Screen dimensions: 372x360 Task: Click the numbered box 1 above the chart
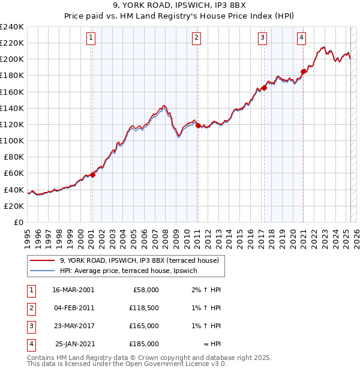click(x=91, y=38)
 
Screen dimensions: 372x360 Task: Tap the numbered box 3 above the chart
click(x=263, y=38)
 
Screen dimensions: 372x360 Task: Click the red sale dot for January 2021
click(x=303, y=71)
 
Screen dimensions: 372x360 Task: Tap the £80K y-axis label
click(x=13, y=157)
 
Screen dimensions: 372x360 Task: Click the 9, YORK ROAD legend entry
click(x=143, y=260)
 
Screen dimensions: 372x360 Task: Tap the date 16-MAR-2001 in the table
click(x=73, y=290)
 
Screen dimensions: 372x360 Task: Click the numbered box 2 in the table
click(x=29, y=308)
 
